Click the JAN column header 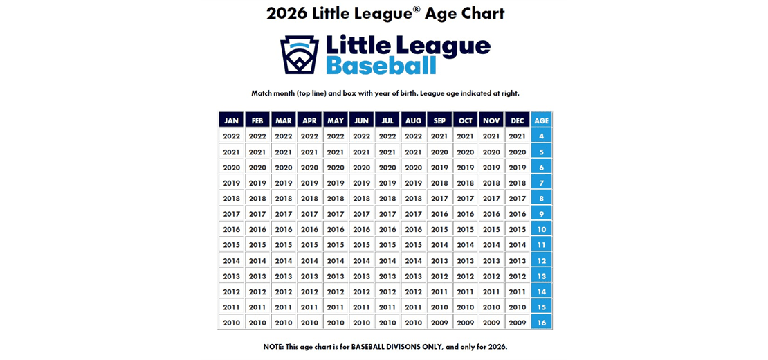(x=231, y=120)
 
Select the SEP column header (x=439, y=120)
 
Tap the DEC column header (x=518, y=120)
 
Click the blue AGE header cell (x=541, y=120)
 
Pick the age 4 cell (x=541, y=136)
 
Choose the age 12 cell (x=541, y=261)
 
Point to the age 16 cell (x=541, y=323)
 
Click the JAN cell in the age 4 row (x=231, y=136)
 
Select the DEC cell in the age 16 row (x=518, y=323)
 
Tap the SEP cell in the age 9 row (x=439, y=215)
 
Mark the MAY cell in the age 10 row (x=336, y=230)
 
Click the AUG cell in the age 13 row (x=413, y=276)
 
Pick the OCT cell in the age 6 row (x=466, y=168)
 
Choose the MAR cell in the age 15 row (x=284, y=307)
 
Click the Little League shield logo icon (x=299, y=55)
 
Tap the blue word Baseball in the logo (x=381, y=66)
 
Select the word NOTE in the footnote (x=273, y=346)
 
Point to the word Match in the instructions (x=262, y=93)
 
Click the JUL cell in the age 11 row (x=387, y=245)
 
